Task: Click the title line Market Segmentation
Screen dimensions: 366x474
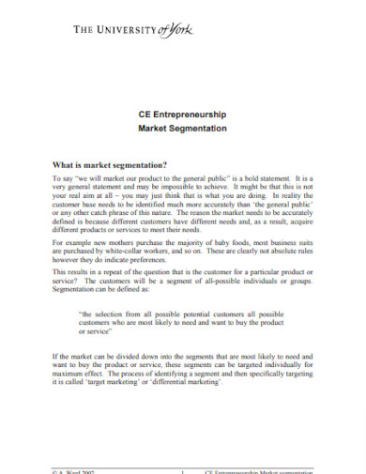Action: click(183, 129)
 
